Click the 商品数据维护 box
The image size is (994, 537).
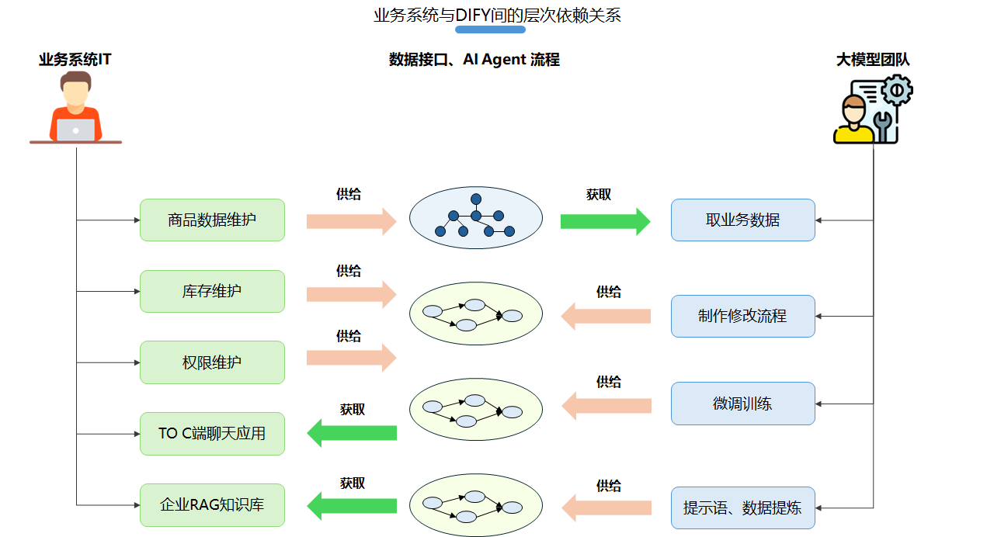click(212, 220)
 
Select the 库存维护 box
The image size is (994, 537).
click(212, 291)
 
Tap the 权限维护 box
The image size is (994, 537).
click(212, 362)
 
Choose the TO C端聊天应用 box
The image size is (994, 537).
click(212, 433)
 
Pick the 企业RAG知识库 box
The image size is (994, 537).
click(212, 505)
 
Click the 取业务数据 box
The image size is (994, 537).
click(742, 220)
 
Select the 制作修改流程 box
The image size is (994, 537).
click(742, 316)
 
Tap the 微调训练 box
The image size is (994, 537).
click(742, 404)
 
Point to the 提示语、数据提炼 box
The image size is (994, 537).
click(742, 508)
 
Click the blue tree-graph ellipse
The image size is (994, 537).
click(475, 219)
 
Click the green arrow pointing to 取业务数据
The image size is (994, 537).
click(605, 221)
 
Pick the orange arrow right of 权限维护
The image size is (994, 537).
click(351, 358)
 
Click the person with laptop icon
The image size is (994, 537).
click(75, 108)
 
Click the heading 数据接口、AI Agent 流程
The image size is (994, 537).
click(474, 60)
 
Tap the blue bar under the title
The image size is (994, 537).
click(490, 29)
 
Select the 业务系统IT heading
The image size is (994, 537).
click(75, 60)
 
